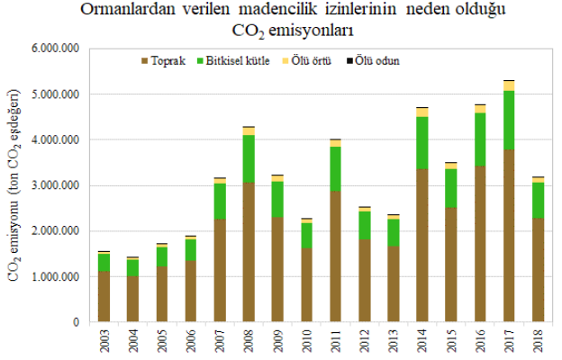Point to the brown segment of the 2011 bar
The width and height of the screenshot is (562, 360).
336,256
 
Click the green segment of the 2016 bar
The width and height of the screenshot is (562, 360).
480,139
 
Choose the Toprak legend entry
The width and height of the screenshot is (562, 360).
164,62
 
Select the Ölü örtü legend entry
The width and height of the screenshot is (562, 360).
307,62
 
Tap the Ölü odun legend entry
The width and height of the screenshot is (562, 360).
374,62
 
